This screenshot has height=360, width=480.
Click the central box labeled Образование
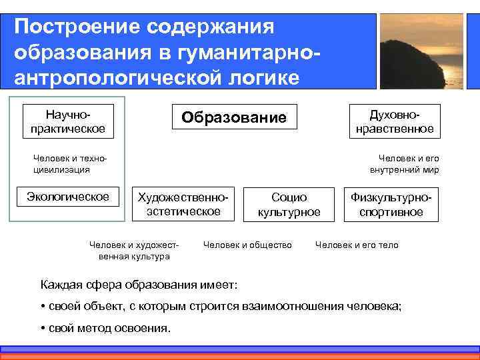234,118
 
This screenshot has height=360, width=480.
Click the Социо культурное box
289,205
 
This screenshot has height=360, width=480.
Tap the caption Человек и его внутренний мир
405,164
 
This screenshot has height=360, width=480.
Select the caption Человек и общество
247,245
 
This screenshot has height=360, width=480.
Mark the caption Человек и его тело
357,245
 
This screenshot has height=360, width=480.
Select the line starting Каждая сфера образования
139,285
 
